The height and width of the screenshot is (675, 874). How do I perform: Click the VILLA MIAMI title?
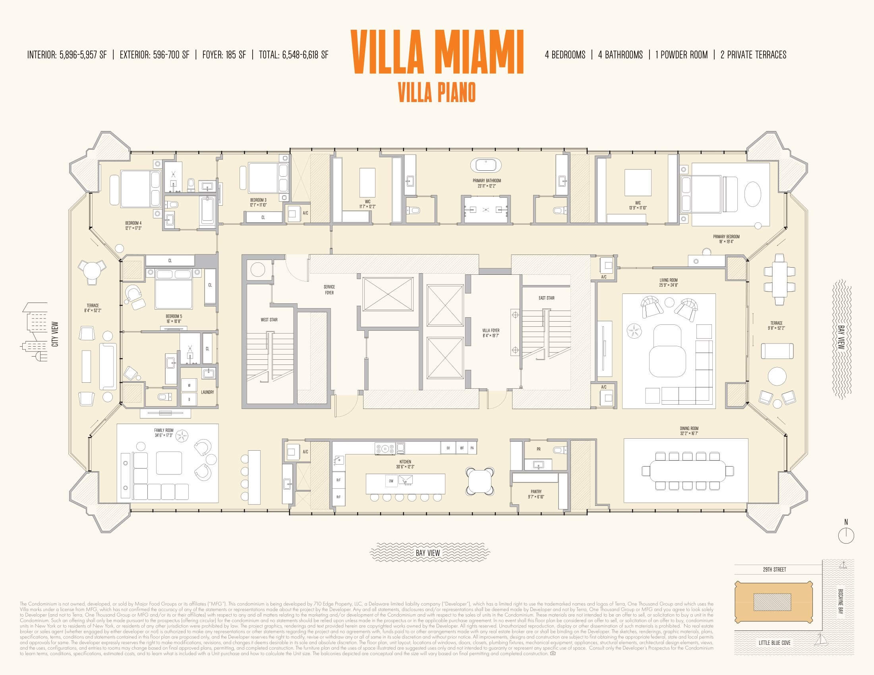(x=437, y=52)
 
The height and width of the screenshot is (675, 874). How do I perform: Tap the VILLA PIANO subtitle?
(x=437, y=93)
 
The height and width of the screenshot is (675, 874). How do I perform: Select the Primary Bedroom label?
(x=726, y=239)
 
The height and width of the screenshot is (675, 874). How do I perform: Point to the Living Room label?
(x=668, y=283)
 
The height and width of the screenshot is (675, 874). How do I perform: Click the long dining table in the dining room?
(x=688, y=471)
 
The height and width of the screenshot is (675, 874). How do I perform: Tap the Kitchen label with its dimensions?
(x=405, y=464)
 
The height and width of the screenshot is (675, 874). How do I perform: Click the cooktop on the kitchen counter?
(x=385, y=448)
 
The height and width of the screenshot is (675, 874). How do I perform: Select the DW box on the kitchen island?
(x=391, y=481)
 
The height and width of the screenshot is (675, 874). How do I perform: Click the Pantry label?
(x=536, y=494)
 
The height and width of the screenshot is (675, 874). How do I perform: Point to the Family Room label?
(x=164, y=433)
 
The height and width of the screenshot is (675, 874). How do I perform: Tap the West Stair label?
(x=269, y=320)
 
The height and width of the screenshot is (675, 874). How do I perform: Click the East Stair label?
(x=546, y=298)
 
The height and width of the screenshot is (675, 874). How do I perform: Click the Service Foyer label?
(x=329, y=289)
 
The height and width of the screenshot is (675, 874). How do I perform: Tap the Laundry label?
(x=207, y=392)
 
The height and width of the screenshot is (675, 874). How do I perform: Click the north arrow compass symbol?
(x=845, y=535)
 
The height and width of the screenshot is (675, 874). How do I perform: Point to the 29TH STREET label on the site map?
(x=774, y=569)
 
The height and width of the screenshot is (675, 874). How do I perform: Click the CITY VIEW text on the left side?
(x=55, y=334)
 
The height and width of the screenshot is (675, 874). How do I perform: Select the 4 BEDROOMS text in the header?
(x=565, y=55)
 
